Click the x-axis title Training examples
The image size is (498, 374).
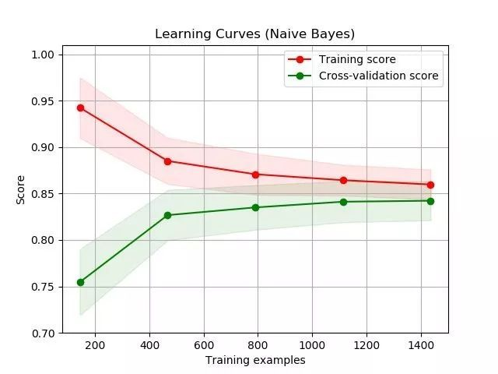pyautogui.click(x=255, y=360)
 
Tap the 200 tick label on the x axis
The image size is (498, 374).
pyautogui.click(x=95, y=344)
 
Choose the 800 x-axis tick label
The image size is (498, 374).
pyautogui.click(x=258, y=344)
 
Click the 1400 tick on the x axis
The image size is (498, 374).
pyautogui.click(x=421, y=344)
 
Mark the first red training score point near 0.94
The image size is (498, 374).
pyautogui.click(x=80, y=108)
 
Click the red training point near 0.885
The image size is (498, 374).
pyautogui.click(x=167, y=161)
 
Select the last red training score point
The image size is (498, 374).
pyautogui.click(x=430, y=185)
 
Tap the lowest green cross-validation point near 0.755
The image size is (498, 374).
pyautogui.click(x=80, y=282)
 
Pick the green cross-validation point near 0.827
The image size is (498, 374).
pyautogui.click(x=167, y=215)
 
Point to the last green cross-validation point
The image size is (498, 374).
pyautogui.click(x=430, y=201)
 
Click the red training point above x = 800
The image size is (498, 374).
pyautogui.click(x=255, y=175)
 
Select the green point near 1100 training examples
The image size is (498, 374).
pyautogui.click(x=343, y=202)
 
